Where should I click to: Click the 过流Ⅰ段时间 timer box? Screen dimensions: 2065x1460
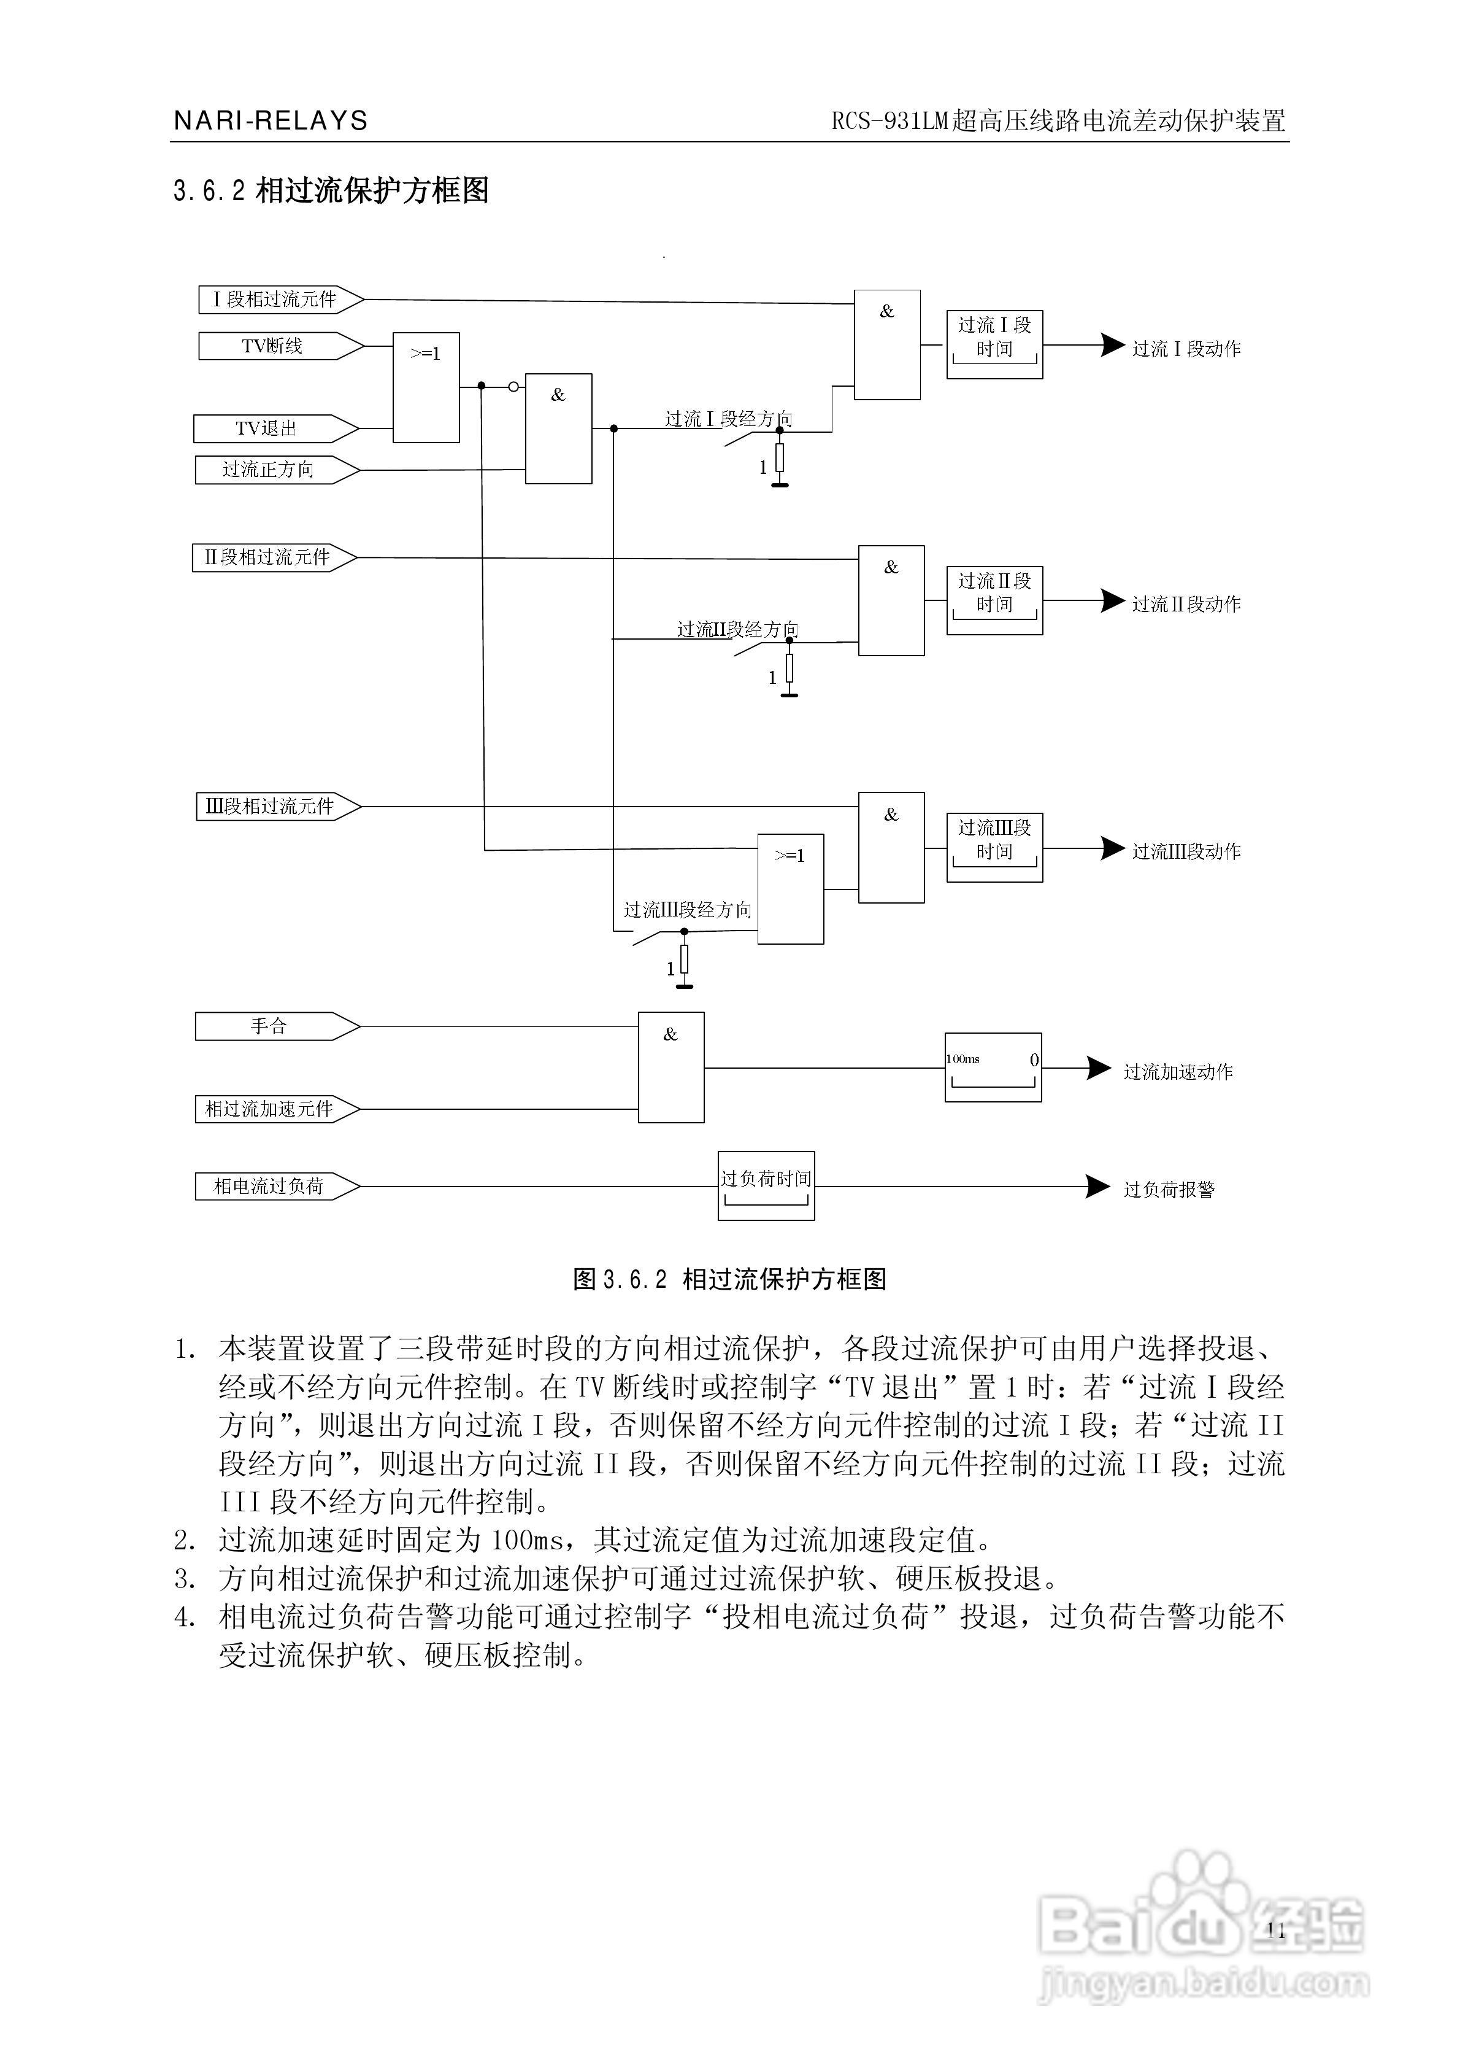(x=994, y=344)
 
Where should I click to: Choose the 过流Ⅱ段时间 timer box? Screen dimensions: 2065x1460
(x=994, y=601)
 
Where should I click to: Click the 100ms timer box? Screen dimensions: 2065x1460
(x=993, y=1067)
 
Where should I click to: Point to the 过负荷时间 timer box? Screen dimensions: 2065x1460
(x=766, y=1185)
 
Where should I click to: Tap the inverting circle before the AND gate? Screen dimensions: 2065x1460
(x=513, y=387)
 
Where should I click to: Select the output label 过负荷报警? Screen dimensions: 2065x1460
(x=1169, y=1190)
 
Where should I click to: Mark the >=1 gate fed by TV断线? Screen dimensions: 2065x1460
(x=426, y=387)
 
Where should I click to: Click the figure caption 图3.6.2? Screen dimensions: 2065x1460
(x=729, y=1279)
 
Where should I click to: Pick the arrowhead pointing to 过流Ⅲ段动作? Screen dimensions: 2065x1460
(x=1113, y=848)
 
